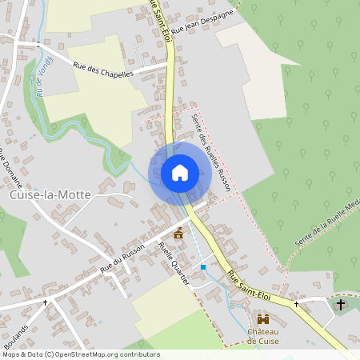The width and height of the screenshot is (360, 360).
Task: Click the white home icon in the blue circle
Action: [x=180, y=172]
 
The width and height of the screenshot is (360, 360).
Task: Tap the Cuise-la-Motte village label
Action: [x=50, y=194]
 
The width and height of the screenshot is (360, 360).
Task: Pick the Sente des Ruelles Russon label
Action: [x=212, y=152]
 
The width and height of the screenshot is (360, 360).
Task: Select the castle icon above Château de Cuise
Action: [x=262, y=318]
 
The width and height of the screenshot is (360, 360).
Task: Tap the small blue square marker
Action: [x=203, y=266]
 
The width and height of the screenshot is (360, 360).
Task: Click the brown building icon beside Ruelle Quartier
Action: [x=178, y=233]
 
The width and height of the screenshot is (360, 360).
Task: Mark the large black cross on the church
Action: [x=341, y=305]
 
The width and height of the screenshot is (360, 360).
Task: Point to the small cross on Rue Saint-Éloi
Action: [x=296, y=304]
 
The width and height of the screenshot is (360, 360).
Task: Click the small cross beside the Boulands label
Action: [x=46, y=302]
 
